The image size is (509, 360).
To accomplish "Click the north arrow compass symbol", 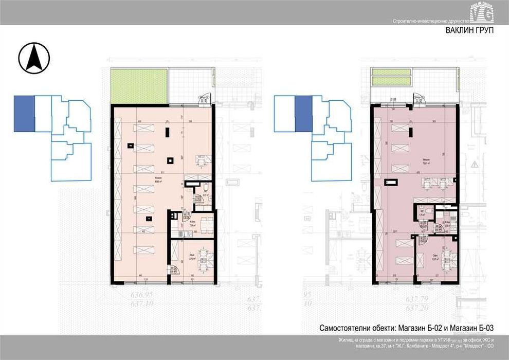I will (x=34, y=58).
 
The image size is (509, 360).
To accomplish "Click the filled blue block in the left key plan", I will (x=24, y=113).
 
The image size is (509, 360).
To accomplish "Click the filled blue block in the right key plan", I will (x=303, y=113).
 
